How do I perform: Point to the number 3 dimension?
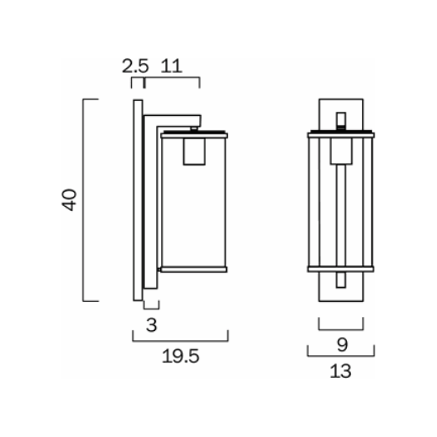(151, 324)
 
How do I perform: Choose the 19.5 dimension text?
(180, 358)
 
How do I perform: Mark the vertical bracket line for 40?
(84, 200)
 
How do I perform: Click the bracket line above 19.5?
(180, 339)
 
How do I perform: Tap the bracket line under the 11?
(173, 80)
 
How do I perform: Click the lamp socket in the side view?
(193, 152)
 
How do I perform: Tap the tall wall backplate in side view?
(136, 200)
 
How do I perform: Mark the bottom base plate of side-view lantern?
(193, 269)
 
